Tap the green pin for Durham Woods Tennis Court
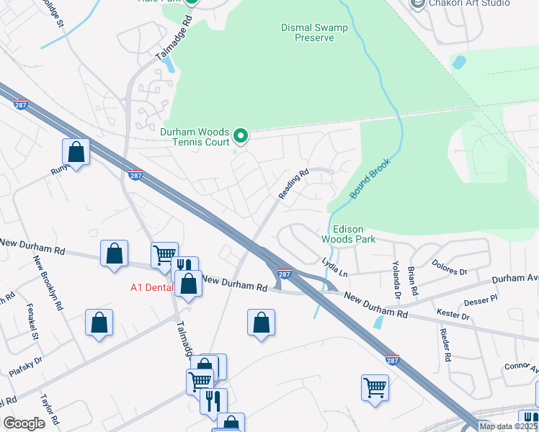pos(241,135)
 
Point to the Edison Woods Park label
pos(347,233)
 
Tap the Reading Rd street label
pos(293,184)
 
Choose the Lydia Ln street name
pos(334,269)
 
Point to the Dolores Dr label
pos(450,268)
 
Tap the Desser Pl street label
pos(483,299)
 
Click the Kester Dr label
pos(453,315)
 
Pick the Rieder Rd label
pos(446,346)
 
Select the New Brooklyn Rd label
pos(48,281)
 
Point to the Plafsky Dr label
pos(25,366)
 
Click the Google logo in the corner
pos(24,423)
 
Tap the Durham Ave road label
pos(515,278)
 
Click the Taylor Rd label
pos(48,410)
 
